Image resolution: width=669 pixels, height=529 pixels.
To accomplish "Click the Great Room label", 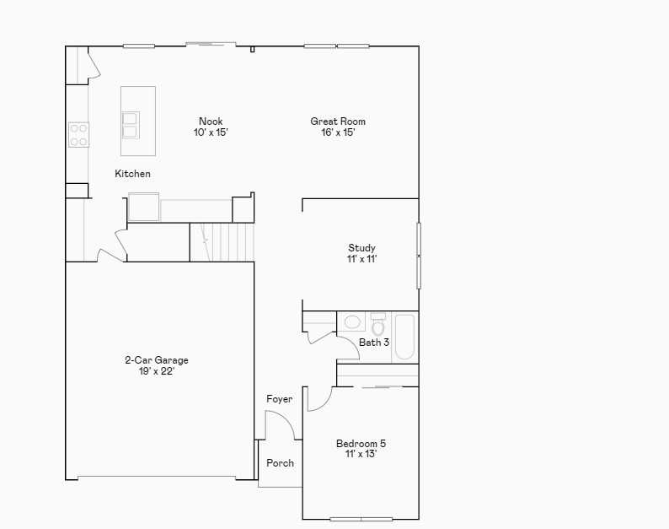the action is coord(338,121).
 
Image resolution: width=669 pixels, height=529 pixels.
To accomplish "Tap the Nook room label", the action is coord(211,121).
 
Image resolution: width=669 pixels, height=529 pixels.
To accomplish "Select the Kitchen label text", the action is coord(132,174).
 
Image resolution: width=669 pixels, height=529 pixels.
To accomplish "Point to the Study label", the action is coord(361,248).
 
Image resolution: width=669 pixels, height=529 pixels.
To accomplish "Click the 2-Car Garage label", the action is coord(157,360).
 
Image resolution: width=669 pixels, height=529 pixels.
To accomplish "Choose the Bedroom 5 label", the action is coord(361,444).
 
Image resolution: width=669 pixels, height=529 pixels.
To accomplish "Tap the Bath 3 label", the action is coord(374,343).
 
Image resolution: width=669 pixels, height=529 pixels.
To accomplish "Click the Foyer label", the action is coord(280,399).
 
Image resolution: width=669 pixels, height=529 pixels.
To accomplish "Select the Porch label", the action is coord(280,462).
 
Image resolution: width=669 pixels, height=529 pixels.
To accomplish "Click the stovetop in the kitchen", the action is coord(79,135).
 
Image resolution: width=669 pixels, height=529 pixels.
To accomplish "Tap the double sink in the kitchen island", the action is coord(130,125).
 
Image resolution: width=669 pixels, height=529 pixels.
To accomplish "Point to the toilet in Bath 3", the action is coord(378,324).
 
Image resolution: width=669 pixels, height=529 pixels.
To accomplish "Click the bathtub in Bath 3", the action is coord(405,337).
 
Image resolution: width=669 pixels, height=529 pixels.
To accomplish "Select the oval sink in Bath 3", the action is coord(352,321).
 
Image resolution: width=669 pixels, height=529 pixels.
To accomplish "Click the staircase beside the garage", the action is coord(222,242).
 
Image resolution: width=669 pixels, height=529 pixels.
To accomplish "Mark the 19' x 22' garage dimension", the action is coord(157,371).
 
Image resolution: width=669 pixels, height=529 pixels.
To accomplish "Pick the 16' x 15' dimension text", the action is coord(338,132).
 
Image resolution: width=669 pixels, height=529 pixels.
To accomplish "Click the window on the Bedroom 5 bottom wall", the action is coord(361,519).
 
